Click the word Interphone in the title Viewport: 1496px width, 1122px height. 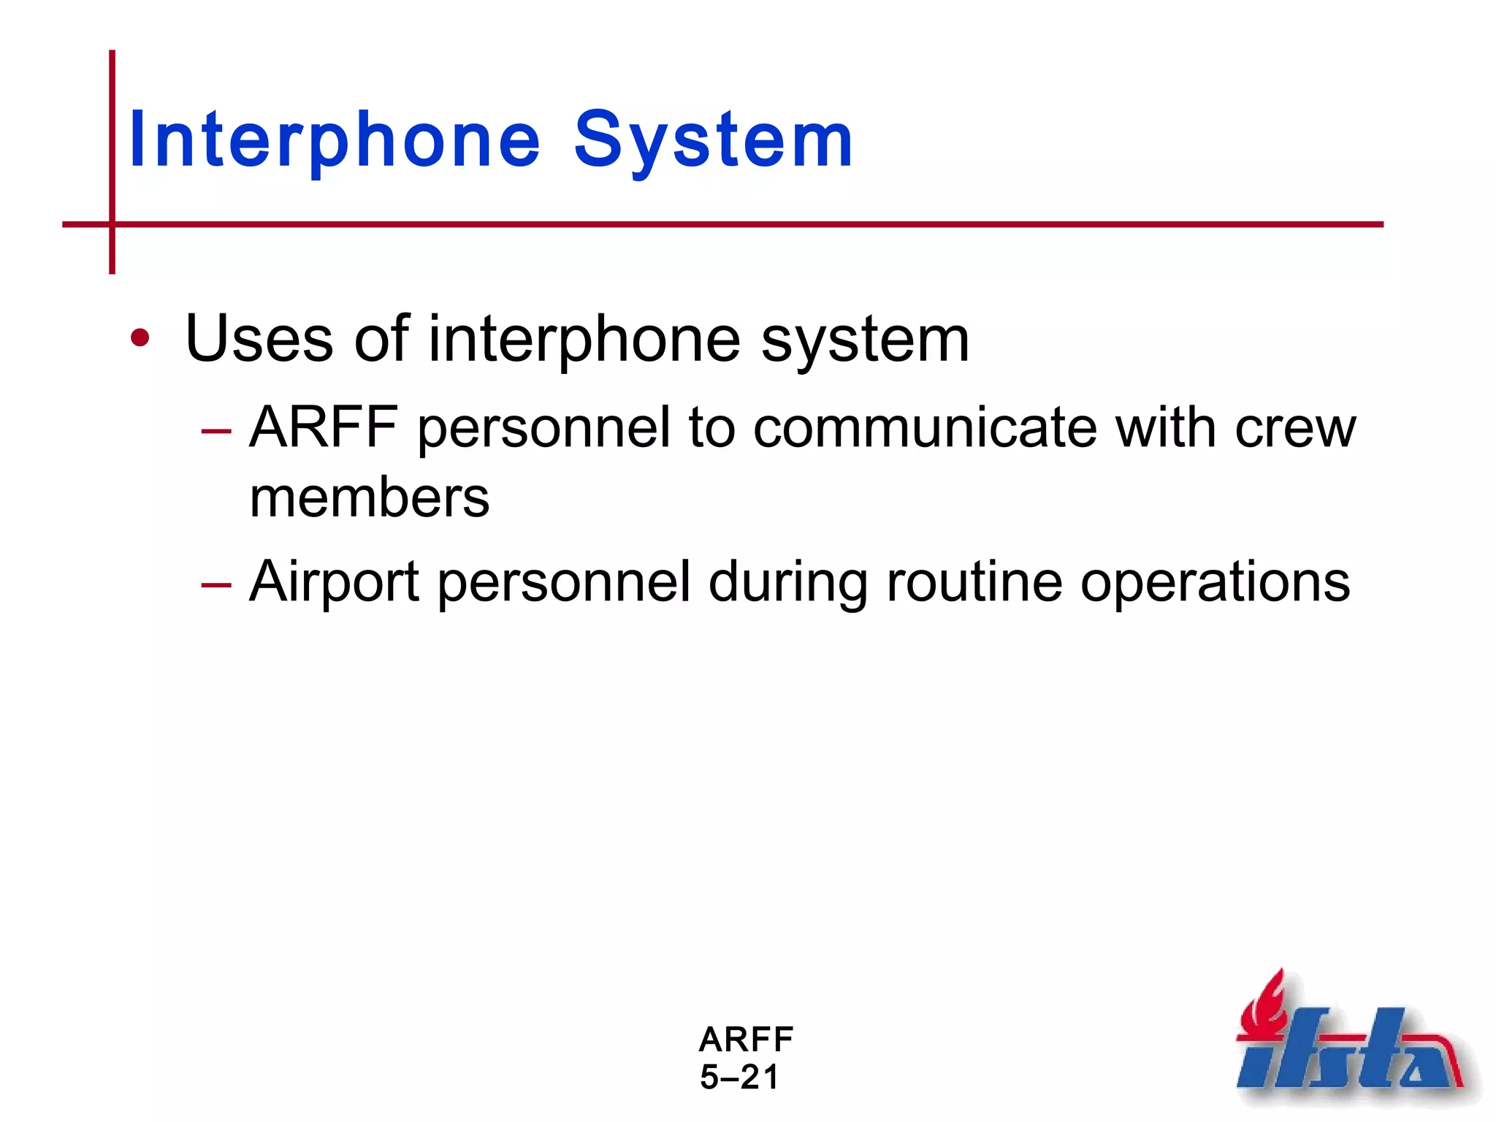coord(335,140)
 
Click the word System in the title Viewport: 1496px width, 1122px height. coord(714,140)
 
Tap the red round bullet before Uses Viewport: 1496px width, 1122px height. coord(140,338)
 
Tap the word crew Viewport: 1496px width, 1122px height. coord(1295,429)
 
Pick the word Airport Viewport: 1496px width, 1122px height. coord(334,583)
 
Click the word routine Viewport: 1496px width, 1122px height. coord(974,581)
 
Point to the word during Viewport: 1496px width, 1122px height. coord(787,583)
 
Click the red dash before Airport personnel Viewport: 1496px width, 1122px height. coord(216,584)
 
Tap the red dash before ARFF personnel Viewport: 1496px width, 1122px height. coord(216,431)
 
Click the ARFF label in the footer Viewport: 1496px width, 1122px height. coord(746,1039)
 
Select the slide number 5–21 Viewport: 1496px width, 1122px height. coord(739,1077)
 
